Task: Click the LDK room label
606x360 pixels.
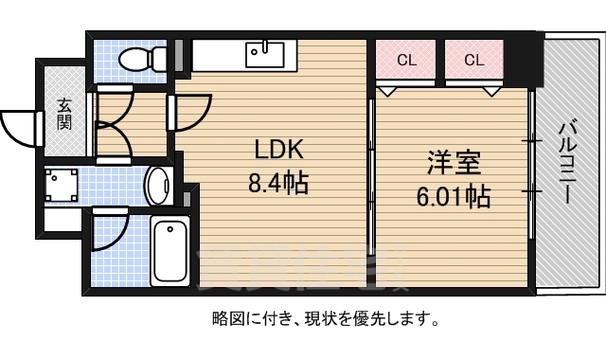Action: tap(277, 151)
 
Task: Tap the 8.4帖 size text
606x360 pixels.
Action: tap(277, 183)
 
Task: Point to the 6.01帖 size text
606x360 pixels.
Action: tap(454, 197)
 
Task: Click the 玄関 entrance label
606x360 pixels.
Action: tap(64, 114)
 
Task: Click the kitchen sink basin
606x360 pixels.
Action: tap(266, 54)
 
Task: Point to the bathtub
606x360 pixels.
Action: tap(169, 248)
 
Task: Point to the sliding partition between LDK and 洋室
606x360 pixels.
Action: tap(370, 161)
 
